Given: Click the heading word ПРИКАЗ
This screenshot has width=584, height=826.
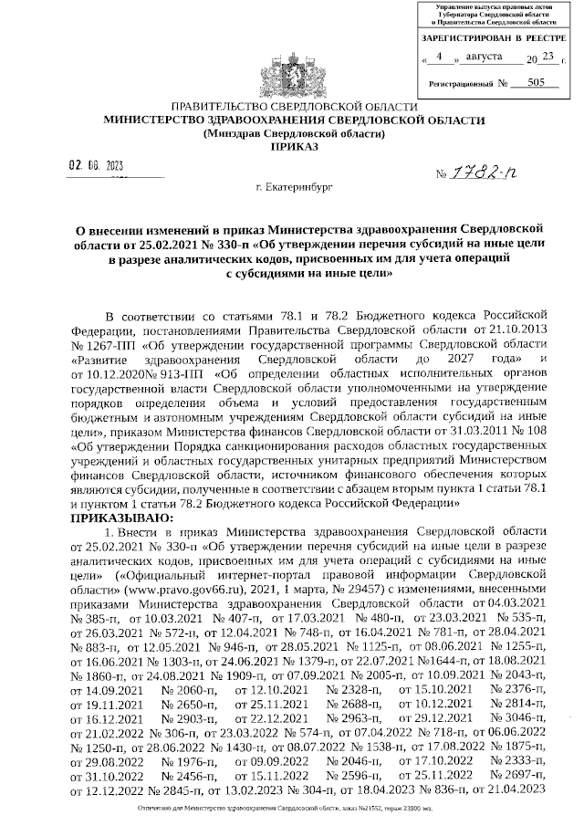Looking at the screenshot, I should (293, 146).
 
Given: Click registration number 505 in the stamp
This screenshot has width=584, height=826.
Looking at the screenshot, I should (523, 82).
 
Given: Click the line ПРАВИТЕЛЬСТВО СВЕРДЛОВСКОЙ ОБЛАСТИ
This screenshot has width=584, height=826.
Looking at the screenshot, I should (293, 107).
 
